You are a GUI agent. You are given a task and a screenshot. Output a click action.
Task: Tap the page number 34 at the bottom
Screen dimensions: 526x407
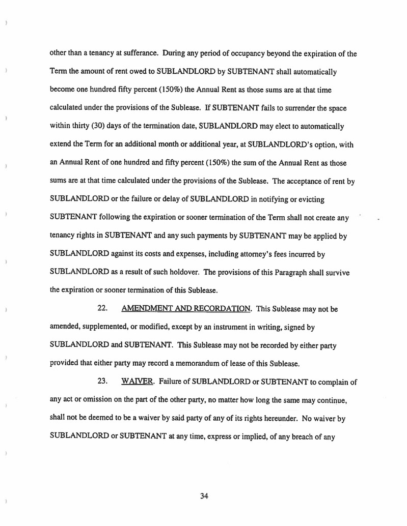(x=204, y=496)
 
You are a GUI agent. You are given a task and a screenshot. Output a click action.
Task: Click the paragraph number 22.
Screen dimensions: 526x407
(x=102, y=309)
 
